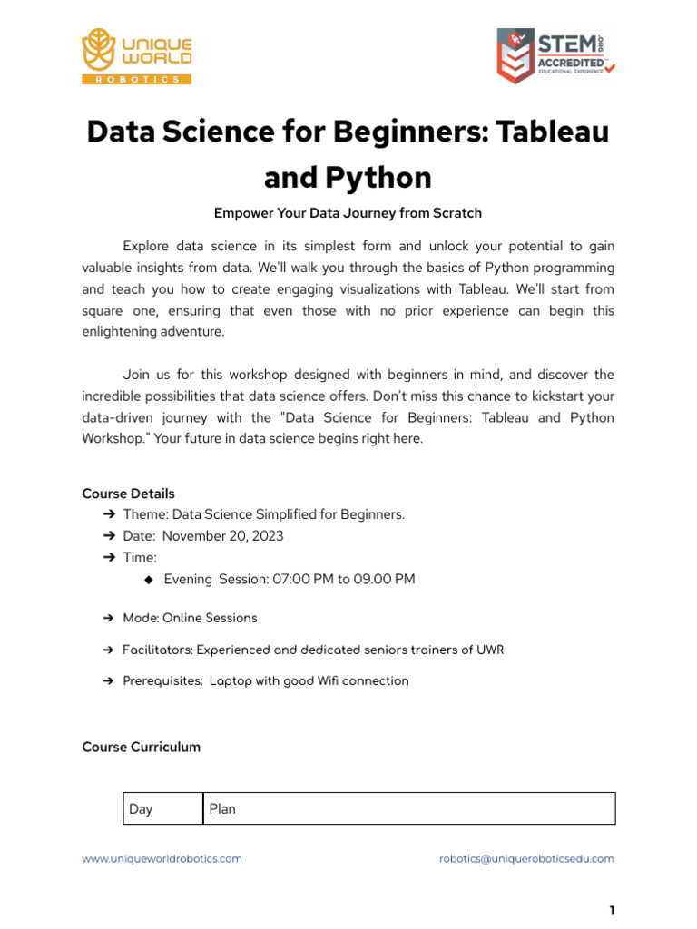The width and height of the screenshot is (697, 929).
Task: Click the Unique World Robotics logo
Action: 136,56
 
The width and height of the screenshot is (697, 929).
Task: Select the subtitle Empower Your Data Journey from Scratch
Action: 348,213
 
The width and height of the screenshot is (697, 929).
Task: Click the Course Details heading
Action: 128,494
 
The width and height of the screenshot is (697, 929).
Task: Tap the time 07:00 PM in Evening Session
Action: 302,579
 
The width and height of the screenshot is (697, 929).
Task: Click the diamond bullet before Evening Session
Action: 150,579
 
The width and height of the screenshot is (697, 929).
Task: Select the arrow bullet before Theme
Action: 109,514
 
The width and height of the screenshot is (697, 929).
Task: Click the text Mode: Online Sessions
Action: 190,618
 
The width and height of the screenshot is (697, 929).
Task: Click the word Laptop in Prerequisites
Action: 231,680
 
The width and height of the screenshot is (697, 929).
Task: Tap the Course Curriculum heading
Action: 141,747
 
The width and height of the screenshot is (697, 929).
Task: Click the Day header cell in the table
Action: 162,808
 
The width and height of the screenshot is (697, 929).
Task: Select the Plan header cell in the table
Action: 408,808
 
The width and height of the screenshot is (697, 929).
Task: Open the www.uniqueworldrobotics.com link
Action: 162,858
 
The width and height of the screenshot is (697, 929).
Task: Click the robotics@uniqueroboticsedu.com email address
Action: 526,858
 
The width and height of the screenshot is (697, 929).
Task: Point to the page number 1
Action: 612,911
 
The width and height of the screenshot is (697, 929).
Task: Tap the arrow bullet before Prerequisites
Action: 109,680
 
